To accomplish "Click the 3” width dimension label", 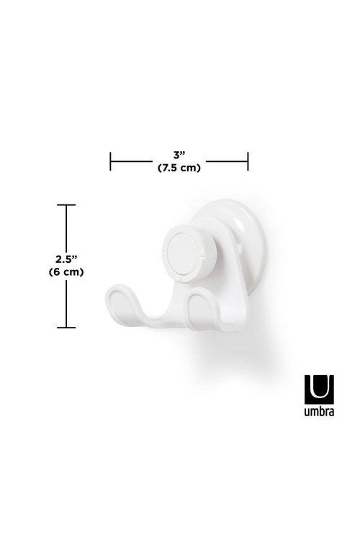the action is (179, 154).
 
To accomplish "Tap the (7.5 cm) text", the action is (179, 168).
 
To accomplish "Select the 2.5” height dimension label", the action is (66, 259).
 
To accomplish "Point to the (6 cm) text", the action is (66, 272).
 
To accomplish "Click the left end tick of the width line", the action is (110, 161).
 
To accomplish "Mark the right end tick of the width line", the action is (248, 161).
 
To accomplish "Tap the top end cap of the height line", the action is (66, 205).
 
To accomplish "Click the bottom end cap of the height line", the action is (66, 327).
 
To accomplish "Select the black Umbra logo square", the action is (319, 390).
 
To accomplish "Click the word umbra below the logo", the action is (319, 412).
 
